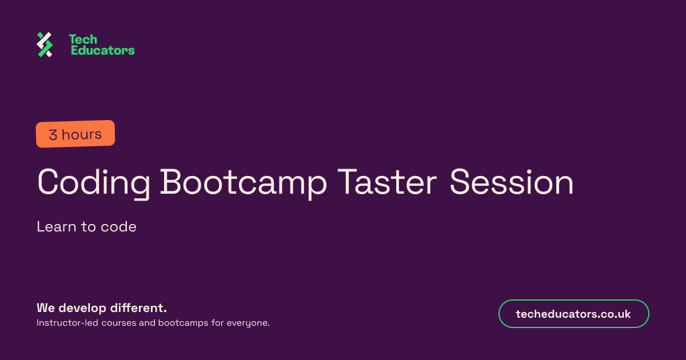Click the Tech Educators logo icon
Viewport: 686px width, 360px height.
click(x=45, y=45)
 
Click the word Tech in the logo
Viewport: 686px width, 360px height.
click(x=83, y=39)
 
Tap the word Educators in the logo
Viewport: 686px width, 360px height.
click(x=102, y=50)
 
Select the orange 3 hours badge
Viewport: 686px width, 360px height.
click(x=75, y=134)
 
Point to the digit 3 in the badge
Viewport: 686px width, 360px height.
click(x=53, y=135)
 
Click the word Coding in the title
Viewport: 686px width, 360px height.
click(x=93, y=183)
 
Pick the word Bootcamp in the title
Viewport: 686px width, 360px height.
click(x=244, y=183)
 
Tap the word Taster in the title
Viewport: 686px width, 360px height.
click(x=387, y=182)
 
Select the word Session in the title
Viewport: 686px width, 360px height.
click(x=512, y=182)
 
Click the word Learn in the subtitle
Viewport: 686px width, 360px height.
click(x=57, y=227)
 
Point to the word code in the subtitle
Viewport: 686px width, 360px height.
click(x=118, y=227)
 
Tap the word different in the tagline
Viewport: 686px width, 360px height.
click(x=138, y=307)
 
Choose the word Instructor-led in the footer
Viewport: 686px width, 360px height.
click(x=67, y=323)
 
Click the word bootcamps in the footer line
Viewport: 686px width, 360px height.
click(x=183, y=323)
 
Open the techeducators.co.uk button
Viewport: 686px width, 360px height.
click(x=573, y=314)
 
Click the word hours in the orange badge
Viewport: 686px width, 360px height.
click(x=81, y=134)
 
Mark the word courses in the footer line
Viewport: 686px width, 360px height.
click(x=119, y=323)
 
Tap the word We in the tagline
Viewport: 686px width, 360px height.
click(x=46, y=308)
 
